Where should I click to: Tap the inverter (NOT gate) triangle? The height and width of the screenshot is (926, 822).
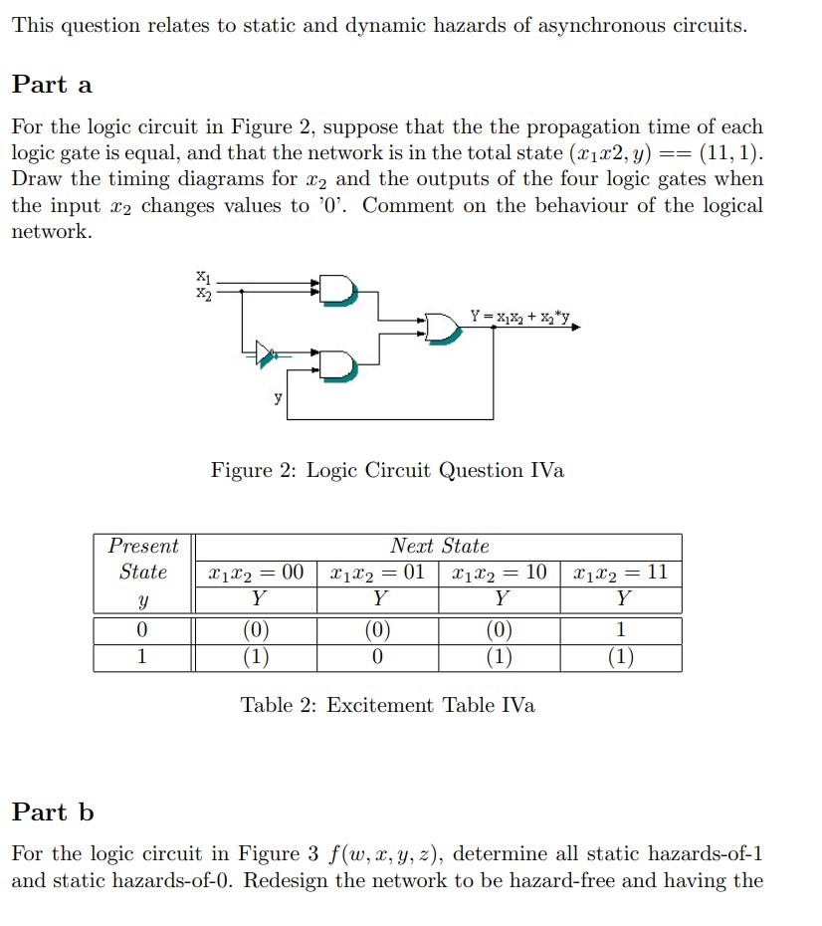point(265,351)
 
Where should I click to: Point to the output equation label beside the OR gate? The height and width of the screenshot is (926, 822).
point(519,317)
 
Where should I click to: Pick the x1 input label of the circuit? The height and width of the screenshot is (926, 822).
point(203,276)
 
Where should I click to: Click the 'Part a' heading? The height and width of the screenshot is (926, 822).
point(52,85)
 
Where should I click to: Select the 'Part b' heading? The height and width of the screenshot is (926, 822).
point(53,812)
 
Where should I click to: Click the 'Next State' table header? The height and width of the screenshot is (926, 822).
point(439,546)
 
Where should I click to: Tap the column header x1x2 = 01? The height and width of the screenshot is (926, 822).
point(377,573)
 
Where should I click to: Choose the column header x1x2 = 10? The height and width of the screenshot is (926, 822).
point(499,573)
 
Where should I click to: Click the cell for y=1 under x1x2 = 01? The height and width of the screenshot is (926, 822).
point(377,657)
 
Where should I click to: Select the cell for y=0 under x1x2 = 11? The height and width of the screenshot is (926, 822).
point(621,629)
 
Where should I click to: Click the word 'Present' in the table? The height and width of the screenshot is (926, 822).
point(143,546)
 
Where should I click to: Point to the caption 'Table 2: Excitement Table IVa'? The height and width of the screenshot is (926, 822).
point(387,705)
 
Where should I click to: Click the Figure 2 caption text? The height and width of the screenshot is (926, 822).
point(387,470)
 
